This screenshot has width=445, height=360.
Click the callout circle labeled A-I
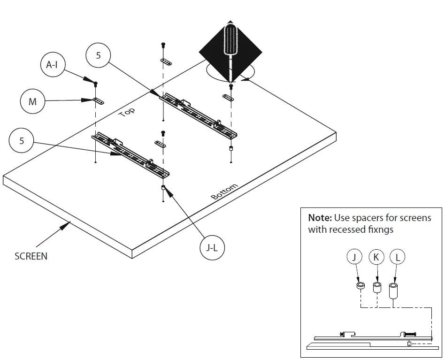[x=52, y=65]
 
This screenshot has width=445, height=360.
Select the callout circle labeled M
[x=33, y=101]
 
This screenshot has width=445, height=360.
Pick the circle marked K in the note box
[x=376, y=257]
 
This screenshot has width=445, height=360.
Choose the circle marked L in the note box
[x=397, y=257]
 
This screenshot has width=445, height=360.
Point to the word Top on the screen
[x=127, y=112]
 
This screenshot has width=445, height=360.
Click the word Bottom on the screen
[x=225, y=191]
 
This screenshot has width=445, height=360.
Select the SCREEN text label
[x=31, y=256]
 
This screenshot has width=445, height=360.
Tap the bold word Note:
[x=320, y=218]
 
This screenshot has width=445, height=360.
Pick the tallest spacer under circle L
[x=393, y=290]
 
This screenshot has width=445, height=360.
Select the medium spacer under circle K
[x=376, y=287]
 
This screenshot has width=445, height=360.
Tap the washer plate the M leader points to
[x=98, y=100]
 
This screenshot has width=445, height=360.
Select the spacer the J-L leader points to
[x=163, y=188]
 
